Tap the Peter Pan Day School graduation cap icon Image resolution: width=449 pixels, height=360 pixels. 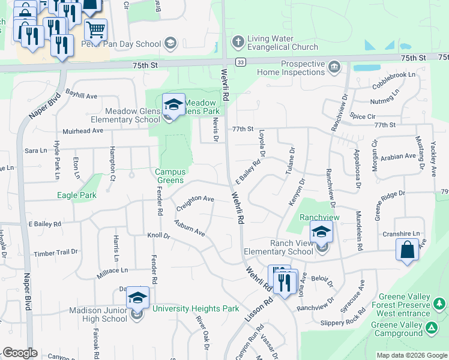[170, 43]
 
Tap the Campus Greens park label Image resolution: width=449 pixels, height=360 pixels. [170, 176]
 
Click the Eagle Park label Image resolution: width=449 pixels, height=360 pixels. [77, 195]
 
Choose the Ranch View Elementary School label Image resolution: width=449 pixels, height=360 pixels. [279, 247]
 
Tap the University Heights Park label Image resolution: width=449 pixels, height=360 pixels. [196, 309]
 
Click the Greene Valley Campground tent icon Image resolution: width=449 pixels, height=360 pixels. [431, 328]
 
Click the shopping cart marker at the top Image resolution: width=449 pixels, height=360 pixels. [95, 29]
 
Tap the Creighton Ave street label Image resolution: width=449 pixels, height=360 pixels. [194, 202]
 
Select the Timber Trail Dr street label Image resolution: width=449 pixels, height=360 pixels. [56, 253]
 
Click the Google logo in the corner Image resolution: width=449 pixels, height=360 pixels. [20, 353]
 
